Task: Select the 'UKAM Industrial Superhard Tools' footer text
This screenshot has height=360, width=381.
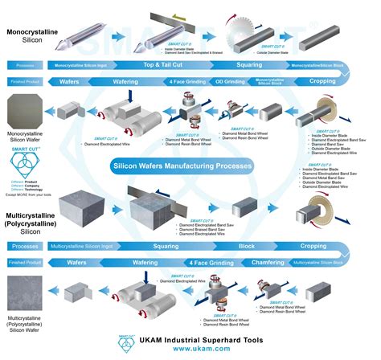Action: tap(198, 339)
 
